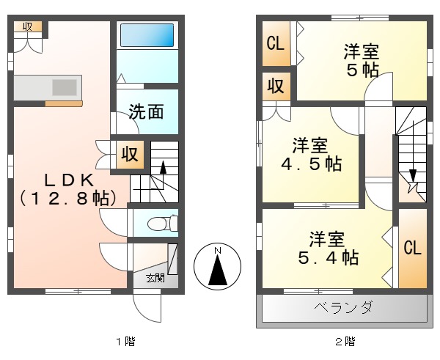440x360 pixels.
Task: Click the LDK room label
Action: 67,178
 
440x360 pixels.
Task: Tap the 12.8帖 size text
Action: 67,198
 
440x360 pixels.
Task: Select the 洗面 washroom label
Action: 145,112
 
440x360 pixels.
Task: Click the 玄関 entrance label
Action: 154,278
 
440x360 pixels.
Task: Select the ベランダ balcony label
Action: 343,307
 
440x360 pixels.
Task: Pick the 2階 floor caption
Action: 345,342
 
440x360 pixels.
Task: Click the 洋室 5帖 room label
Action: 362,62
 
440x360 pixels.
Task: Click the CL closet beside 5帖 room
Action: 276,43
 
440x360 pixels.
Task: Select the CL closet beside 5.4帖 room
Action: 413,248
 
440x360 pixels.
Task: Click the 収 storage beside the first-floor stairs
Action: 130,155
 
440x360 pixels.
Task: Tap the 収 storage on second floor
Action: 276,86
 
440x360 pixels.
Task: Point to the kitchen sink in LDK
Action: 64,87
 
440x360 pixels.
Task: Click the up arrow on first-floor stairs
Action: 164,166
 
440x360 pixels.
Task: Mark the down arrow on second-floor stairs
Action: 413,176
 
